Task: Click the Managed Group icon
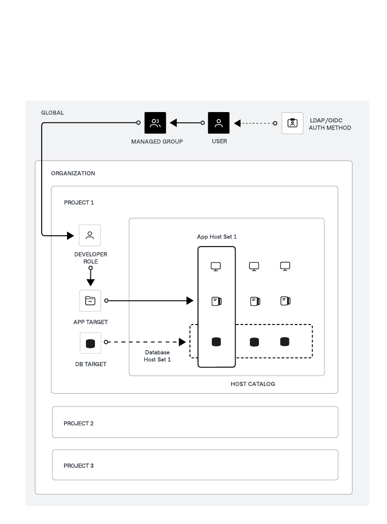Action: tap(155, 123)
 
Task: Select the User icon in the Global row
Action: tap(219, 123)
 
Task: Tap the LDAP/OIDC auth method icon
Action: tap(292, 123)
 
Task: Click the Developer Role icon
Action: tap(90, 235)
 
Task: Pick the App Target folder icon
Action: tap(90, 301)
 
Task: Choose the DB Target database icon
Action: tap(90, 343)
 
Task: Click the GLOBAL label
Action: tap(52, 113)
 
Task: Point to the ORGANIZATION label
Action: tap(73, 173)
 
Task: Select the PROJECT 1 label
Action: tap(79, 203)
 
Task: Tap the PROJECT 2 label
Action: tap(79, 424)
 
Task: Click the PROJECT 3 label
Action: tap(79, 466)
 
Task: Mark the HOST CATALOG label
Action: tap(253, 384)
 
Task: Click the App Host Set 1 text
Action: tap(217, 237)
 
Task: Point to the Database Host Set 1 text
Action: tap(157, 356)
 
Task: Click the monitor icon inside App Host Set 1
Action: tap(216, 266)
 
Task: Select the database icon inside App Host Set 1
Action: tap(216, 342)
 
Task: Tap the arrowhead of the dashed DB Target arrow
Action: tap(182, 342)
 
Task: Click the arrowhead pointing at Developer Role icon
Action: tap(70, 235)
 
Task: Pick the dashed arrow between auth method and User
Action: tap(255, 123)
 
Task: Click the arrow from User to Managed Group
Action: tap(186, 123)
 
